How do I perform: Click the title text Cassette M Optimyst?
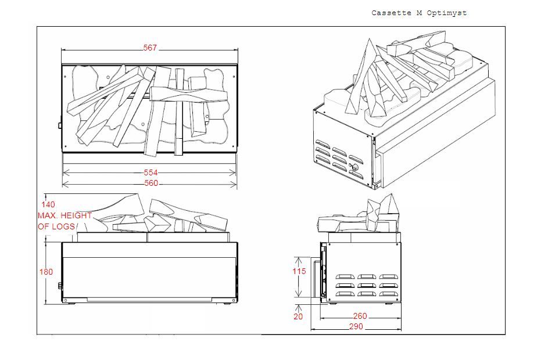(x=418, y=13)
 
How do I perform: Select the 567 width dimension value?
(x=150, y=48)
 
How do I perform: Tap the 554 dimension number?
(x=151, y=172)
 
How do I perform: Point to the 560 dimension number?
(x=151, y=183)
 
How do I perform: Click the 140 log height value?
(x=48, y=204)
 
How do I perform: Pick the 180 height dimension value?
(x=46, y=272)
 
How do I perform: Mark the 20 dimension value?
(x=298, y=316)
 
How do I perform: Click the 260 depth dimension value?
(x=360, y=316)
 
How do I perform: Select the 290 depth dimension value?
(x=356, y=327)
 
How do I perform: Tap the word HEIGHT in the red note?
(x=78, y=215)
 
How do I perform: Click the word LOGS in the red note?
(x=64, y=226)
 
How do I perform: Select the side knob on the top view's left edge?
(x=60, y=124)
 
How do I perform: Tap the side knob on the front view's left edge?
(x=60, y=286)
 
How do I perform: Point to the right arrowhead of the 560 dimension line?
(x=235, y=184)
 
